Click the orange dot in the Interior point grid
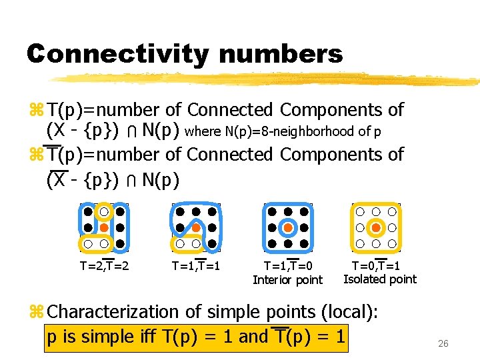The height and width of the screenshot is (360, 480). click(288, 228)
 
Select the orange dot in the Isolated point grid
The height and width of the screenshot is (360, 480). click(376, 228)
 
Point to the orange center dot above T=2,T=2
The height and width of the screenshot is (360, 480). click(104, 228)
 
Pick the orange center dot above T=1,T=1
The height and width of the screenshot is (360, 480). click(196, 228)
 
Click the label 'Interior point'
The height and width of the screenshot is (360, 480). click(287, 280)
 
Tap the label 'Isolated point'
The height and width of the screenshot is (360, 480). click(379, 279)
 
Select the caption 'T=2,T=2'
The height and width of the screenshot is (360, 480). click(104, 265)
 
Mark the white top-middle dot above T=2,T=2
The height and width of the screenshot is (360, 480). click(104, 212)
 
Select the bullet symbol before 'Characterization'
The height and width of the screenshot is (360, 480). click(35, 312)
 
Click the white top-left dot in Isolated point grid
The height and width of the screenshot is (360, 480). click(360, 212)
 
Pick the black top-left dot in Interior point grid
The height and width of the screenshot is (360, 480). click(272, 212)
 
